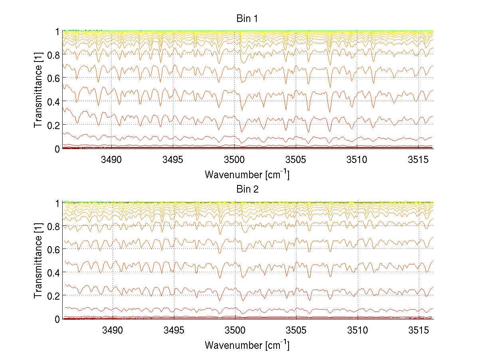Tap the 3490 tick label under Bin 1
[112, 160]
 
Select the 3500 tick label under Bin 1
[234, 160]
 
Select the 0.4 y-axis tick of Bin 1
[53, 101]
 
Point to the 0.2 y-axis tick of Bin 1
[53, 125]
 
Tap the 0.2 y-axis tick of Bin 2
[53, 296]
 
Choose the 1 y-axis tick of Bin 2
[57, 202]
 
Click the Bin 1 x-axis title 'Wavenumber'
[247, 175]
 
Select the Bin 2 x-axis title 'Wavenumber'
[247, 345]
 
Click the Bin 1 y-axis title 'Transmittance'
[38, 89]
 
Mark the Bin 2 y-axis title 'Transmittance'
[38, 260]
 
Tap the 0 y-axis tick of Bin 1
[57, 149]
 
